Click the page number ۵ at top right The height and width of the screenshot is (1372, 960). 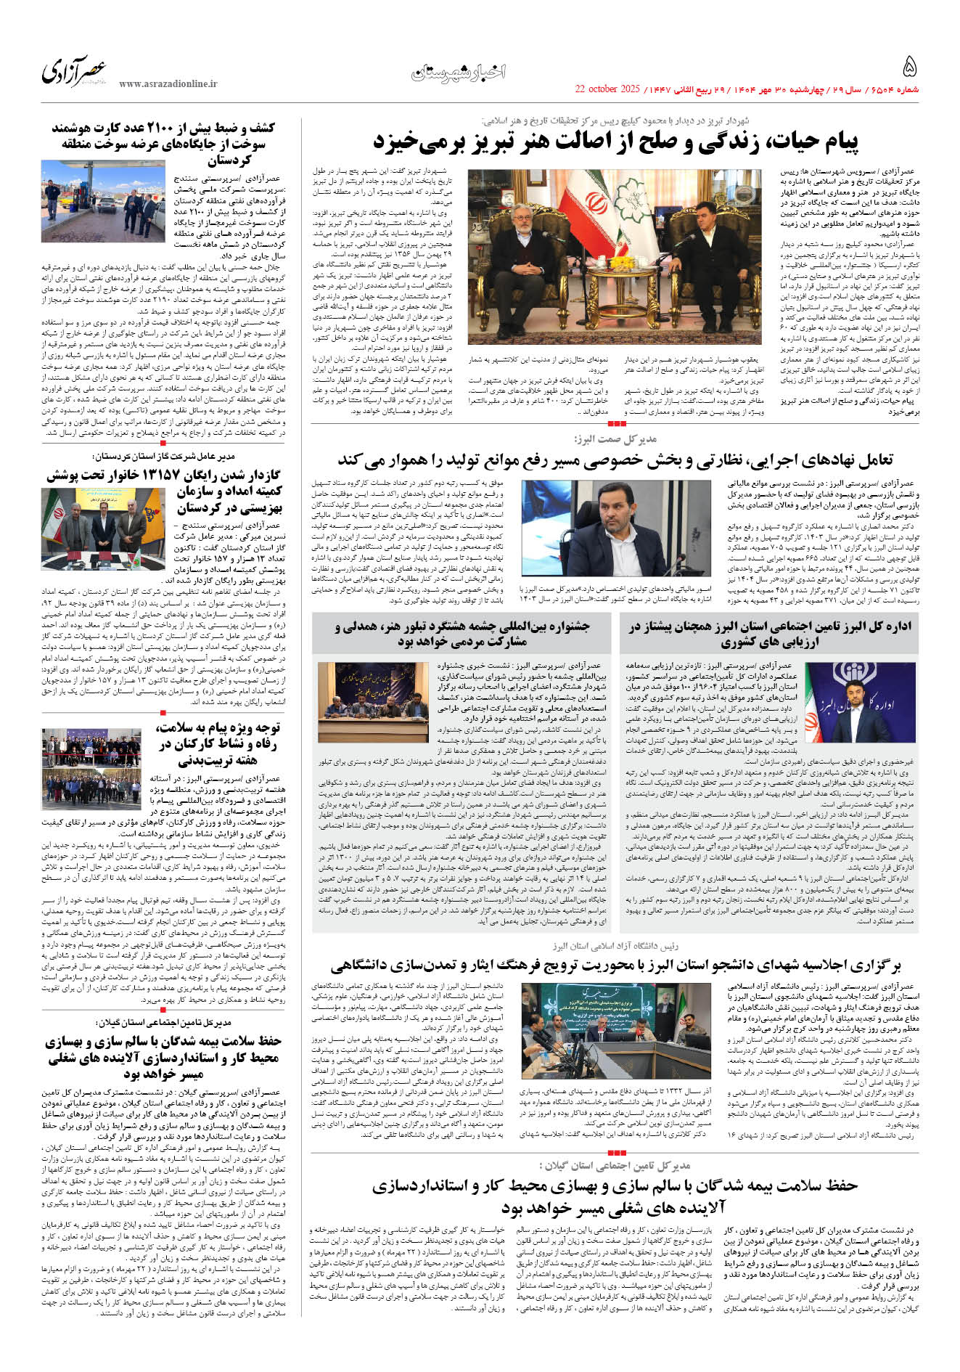[x=909, y=68]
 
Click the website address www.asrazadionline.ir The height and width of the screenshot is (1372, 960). [x=168, y=84]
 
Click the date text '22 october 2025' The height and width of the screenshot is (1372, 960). [x=607, y=89]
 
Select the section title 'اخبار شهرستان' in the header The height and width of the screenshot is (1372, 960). [x=459, y=72]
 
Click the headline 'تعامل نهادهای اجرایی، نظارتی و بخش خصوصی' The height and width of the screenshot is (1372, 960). [x=615, y=460]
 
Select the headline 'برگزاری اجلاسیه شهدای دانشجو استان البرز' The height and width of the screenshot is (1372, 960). [x=615, y=965]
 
